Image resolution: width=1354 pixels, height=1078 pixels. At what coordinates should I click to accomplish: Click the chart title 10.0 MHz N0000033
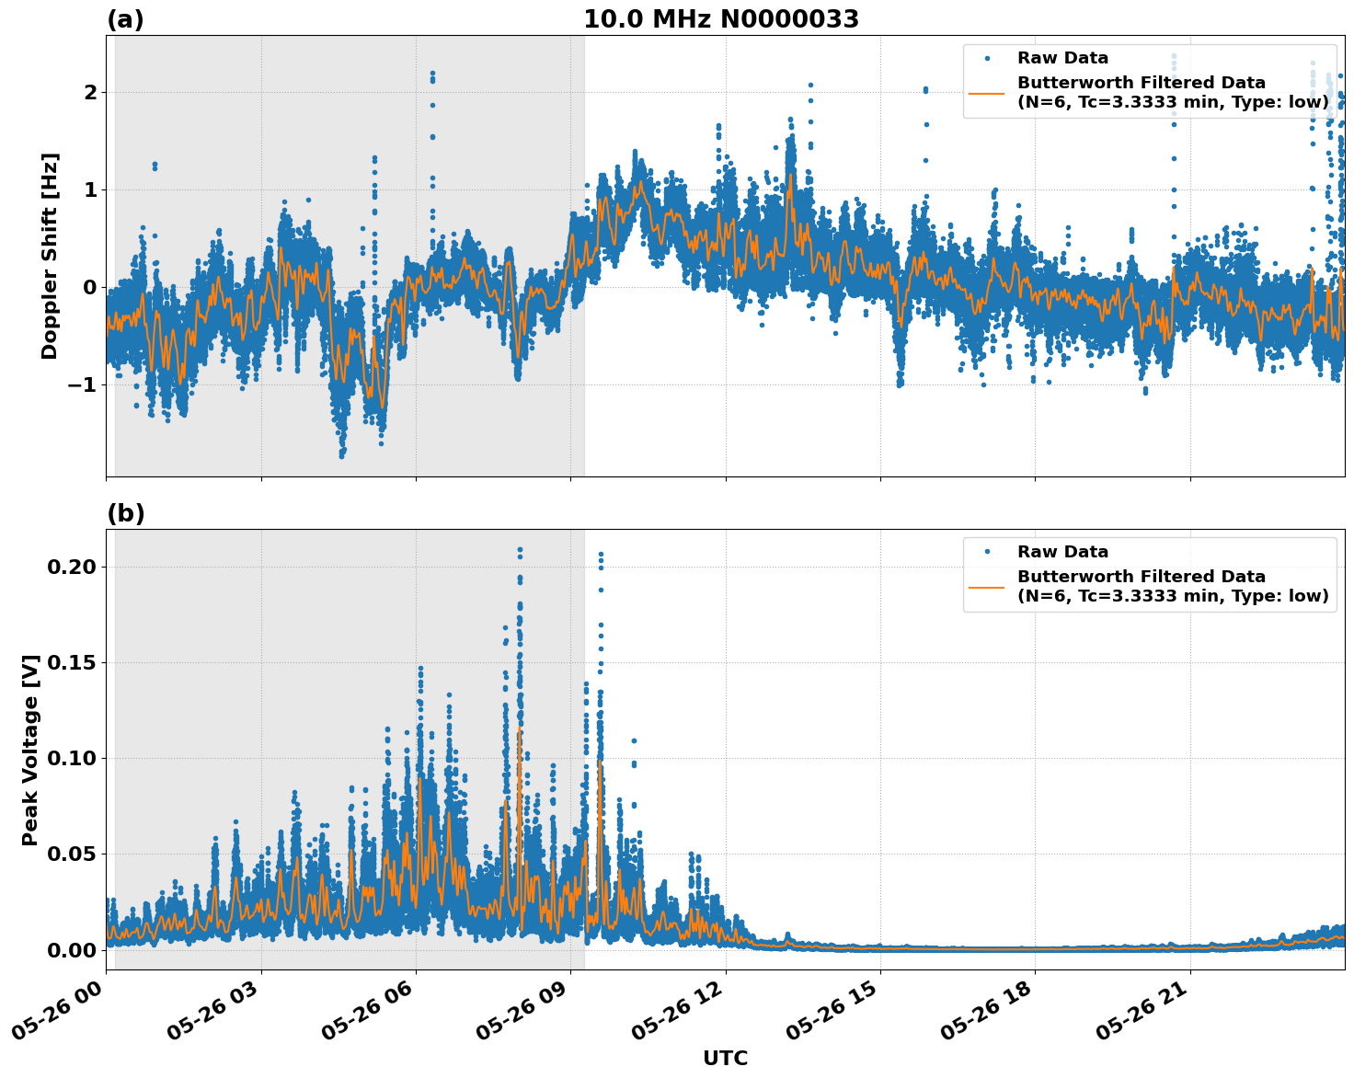721,19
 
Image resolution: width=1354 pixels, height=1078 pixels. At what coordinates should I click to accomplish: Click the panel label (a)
125,19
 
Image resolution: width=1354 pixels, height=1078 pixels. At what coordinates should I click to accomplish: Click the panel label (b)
125,513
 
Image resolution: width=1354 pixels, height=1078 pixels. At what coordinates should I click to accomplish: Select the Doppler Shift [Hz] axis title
50,256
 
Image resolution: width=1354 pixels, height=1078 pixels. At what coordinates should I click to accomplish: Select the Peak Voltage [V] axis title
30,750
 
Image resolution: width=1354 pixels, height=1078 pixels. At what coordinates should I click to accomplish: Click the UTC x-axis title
725,1058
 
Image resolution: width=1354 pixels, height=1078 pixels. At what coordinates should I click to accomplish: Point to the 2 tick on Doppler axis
89,92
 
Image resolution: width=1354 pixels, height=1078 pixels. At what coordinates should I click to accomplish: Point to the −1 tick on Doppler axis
83,384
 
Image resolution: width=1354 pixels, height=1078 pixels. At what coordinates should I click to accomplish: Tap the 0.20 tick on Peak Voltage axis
72,567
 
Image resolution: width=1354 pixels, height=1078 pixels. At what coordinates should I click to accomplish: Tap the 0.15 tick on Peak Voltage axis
72,662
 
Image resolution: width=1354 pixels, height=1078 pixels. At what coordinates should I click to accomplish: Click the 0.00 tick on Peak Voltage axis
72,949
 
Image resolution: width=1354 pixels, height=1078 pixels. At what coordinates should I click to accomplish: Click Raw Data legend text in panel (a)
1062,59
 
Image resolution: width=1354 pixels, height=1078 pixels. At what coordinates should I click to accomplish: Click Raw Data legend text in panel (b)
1062,552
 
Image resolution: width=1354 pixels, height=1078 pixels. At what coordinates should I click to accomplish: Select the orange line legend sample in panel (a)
987,93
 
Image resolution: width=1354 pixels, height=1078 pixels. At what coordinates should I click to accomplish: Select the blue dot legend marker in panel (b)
987,552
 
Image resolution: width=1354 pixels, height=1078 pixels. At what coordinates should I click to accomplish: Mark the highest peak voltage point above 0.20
520,550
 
